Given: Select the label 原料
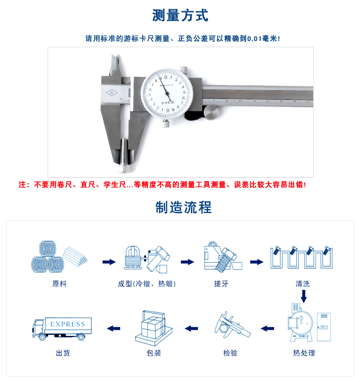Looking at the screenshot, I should coord(59,284).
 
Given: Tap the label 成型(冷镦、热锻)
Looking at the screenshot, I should coord(147,284).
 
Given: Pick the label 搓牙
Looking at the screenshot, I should coord(221,284).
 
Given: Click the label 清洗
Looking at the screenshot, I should coord(302,284).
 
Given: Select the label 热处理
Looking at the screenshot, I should coord(304,353).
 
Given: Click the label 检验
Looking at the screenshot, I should coord(230,353).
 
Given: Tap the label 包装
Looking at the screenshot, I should coord(154,353).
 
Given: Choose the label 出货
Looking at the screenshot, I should coord(63,353).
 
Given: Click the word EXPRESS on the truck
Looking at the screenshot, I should coord(67,324).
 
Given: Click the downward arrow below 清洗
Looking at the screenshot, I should coord(304,296).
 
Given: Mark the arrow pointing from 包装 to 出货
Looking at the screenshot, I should coord(113,329).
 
